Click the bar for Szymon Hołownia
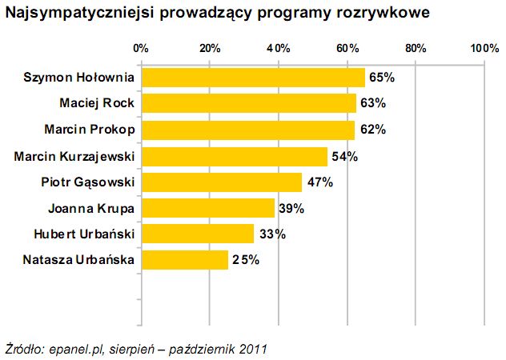[x=252, y=78]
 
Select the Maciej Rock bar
[x=248, y=103]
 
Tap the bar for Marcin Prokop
[x=247, y=130]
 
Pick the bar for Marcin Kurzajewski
[x=234, y=156]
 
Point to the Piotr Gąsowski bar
[x=221, y=182]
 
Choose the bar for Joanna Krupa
[x=207, y=209]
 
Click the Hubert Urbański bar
[x=197, y=234]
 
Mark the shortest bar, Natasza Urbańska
[x=184, y=260]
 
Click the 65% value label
[x=382, y=78]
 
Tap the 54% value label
[x=344, y=156]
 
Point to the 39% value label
[x=291, y=209]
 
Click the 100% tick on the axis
[x=485, y=49]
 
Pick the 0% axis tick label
[x=141, y=49]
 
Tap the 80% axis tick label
[x=416, y=49]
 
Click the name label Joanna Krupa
[x=90, y=209]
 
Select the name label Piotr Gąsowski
[x=87, y=182]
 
